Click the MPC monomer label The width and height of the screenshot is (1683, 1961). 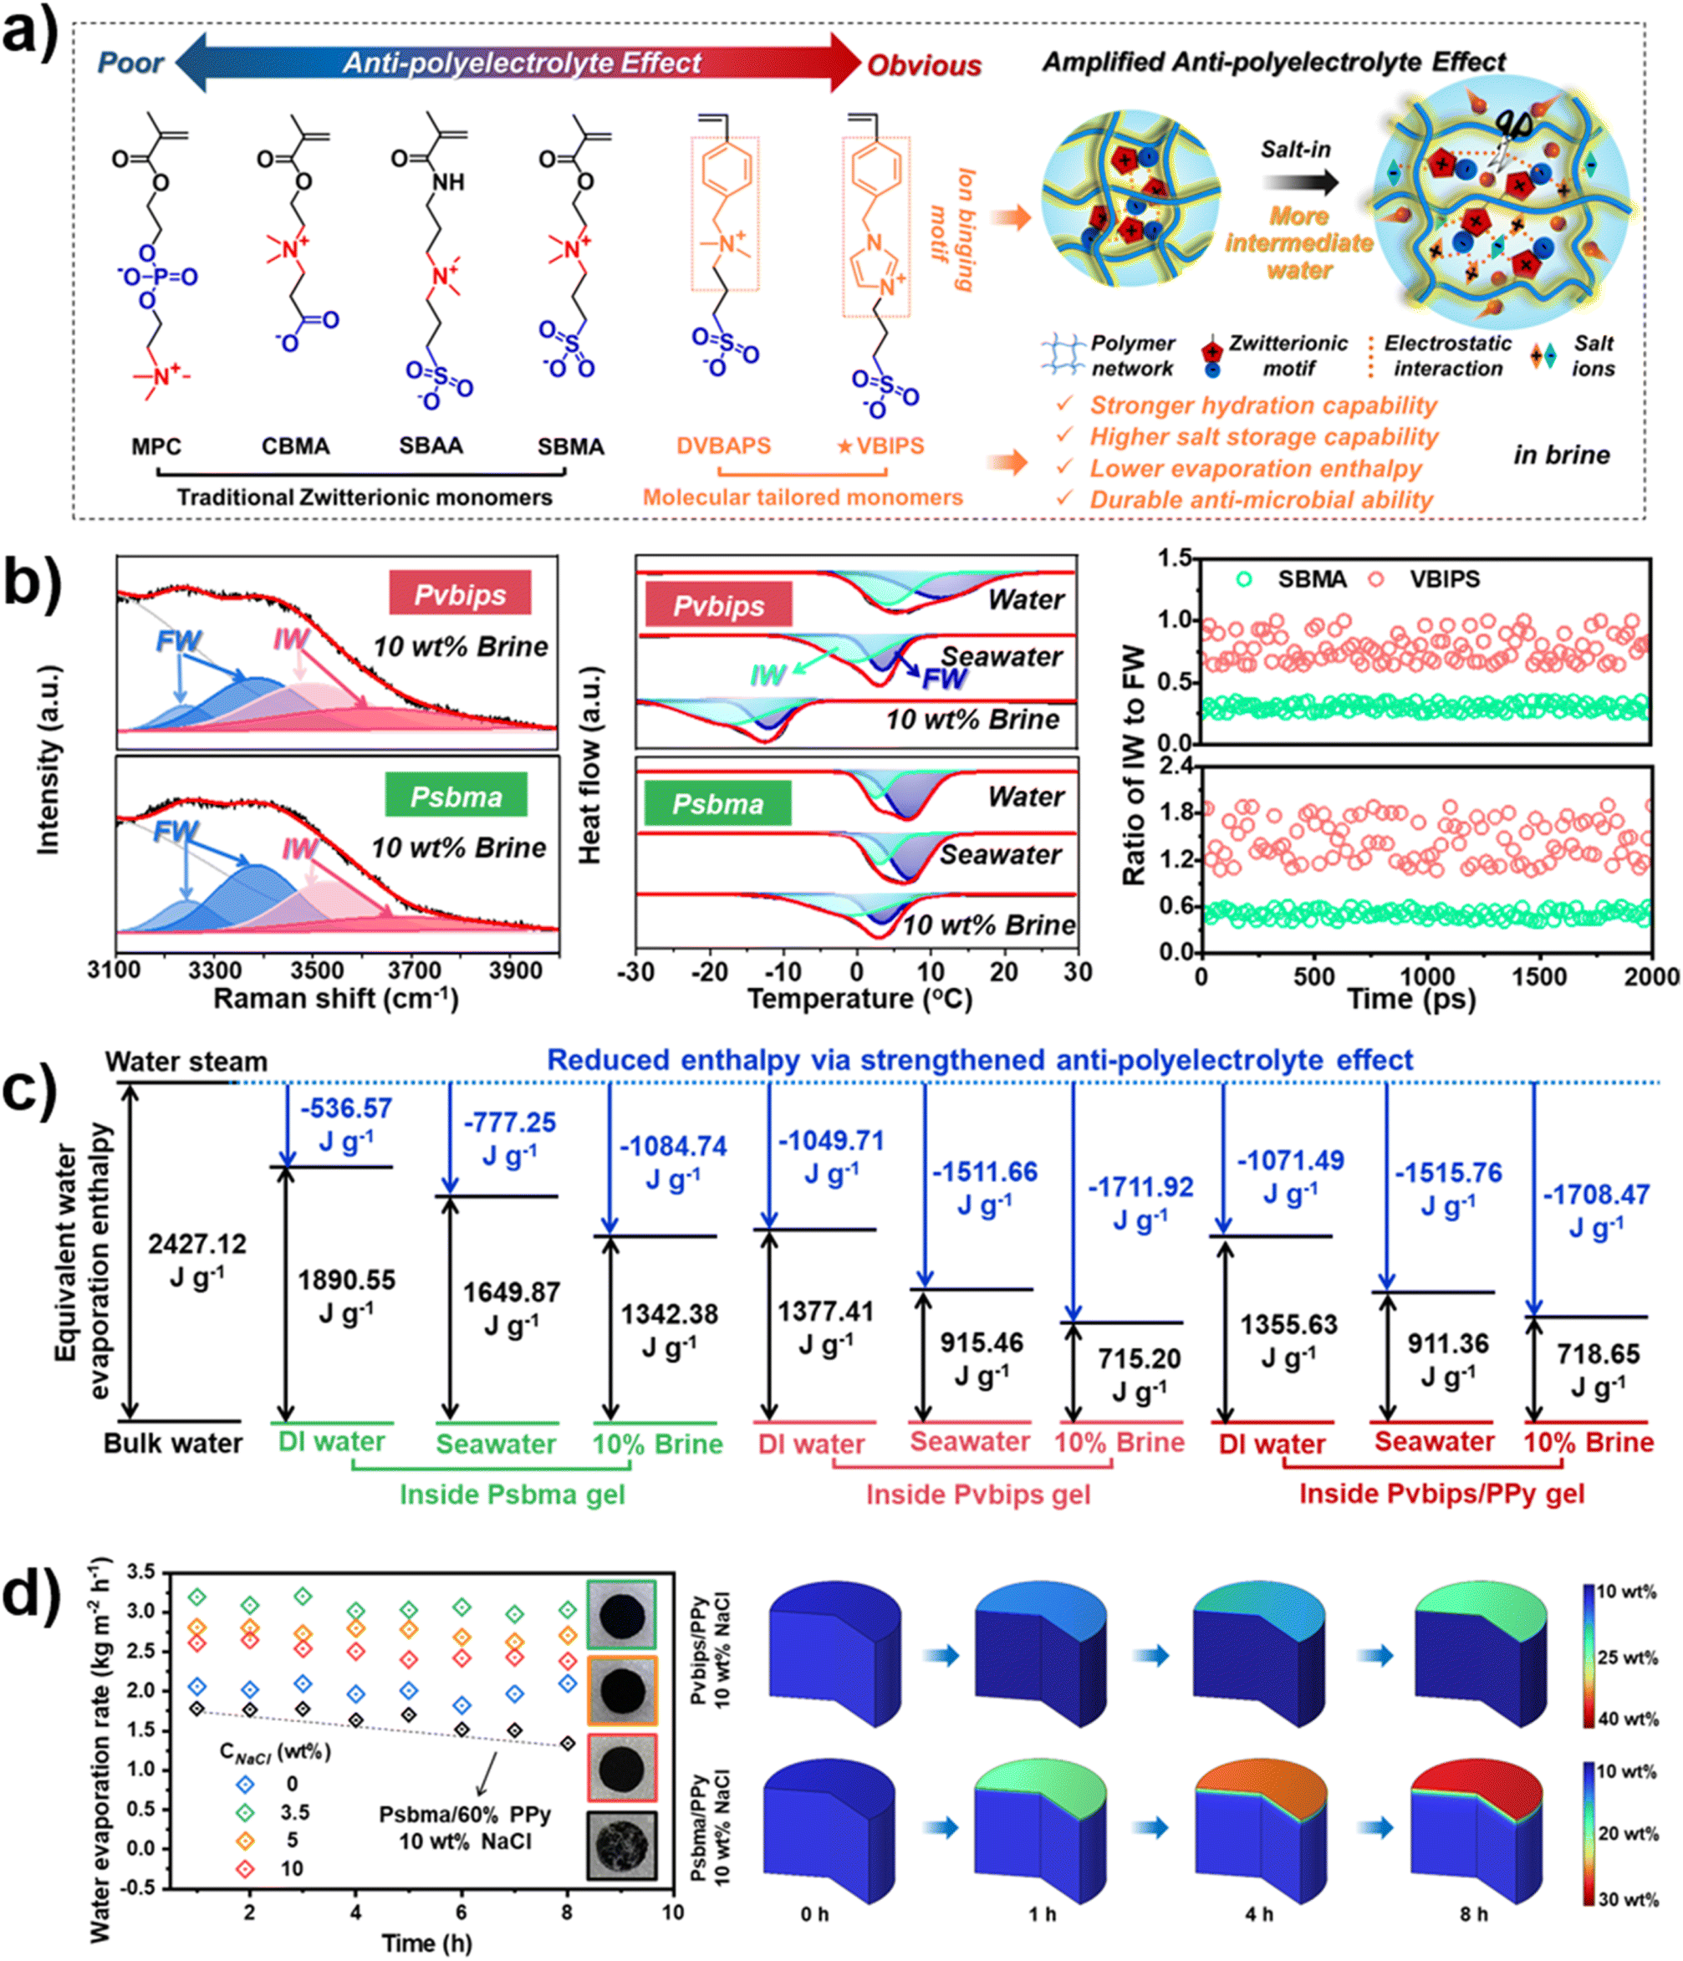click(156, 446)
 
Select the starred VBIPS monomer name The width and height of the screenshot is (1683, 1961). click(880, 446)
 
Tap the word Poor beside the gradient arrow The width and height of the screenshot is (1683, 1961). click(130, 64)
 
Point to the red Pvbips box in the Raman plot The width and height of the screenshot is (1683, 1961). click(460, 593)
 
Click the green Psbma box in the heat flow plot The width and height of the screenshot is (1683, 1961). click(717, 803)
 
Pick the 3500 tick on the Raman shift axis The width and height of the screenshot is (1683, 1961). click(316, 970)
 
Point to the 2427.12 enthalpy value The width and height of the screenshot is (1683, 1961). click(196, 1244)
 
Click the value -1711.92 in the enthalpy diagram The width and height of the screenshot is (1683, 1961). click(1140, 1188)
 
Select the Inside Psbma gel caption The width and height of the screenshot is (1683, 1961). click(513, 1494)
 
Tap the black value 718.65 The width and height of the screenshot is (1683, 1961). click(1598, 1353)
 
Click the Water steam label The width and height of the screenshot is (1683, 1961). click(186, 1062)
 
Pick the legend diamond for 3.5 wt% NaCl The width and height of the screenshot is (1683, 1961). click(245, 1811)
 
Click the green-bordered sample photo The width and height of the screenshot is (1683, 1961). click(621, 1613)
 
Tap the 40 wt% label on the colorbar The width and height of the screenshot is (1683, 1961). click(1627, 1719)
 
